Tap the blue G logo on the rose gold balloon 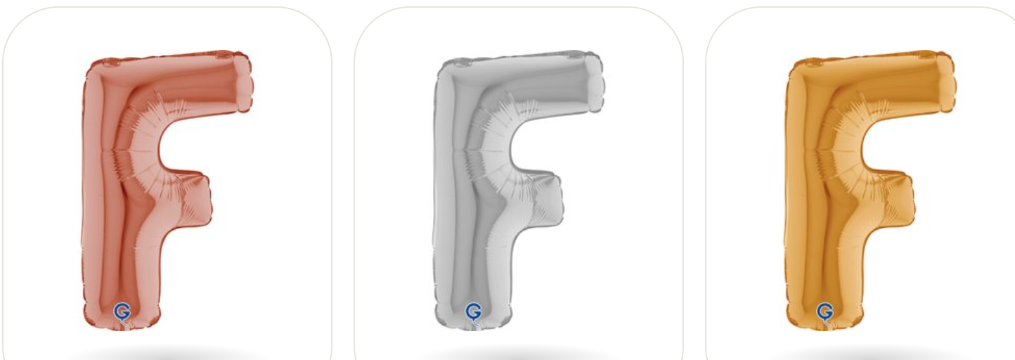(122, 312)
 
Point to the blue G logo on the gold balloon (825, 312)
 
